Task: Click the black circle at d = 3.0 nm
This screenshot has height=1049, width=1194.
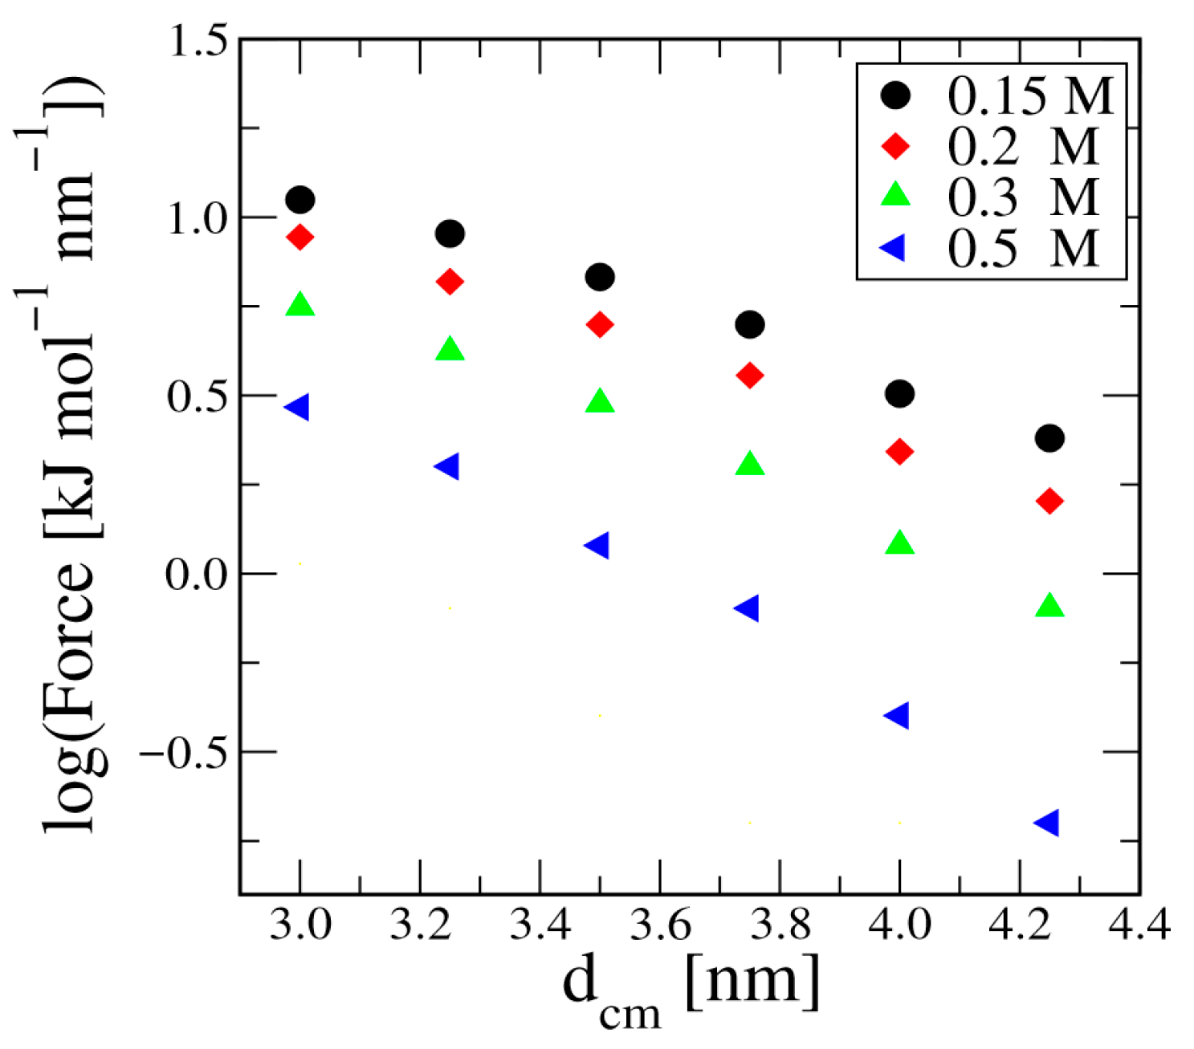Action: point(300,199)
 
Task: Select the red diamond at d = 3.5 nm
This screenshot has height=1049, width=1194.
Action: point(600,325)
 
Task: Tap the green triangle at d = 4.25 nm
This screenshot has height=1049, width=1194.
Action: point(1049,606)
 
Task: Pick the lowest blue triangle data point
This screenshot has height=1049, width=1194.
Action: point(1048,823)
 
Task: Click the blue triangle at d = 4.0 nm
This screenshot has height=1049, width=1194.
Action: point(898,714)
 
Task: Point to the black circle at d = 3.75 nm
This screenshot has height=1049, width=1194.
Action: point(750,325)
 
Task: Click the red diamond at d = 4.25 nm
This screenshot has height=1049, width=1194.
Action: point(1049,502)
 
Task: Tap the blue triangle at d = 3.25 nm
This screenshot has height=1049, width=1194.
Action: point(447,466)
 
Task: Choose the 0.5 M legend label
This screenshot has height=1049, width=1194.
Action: point(1022,249)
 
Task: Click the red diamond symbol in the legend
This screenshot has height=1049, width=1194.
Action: point(895,146)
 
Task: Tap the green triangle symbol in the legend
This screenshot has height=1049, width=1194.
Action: point(895,195)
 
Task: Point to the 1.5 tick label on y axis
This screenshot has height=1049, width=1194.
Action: point(198,40)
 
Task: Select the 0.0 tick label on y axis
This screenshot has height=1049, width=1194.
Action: point(198,575)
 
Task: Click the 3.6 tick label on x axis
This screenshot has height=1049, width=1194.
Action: point(660,925)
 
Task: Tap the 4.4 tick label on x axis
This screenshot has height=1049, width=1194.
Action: point(1139,925)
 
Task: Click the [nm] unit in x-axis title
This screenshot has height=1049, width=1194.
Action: point(753,981)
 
